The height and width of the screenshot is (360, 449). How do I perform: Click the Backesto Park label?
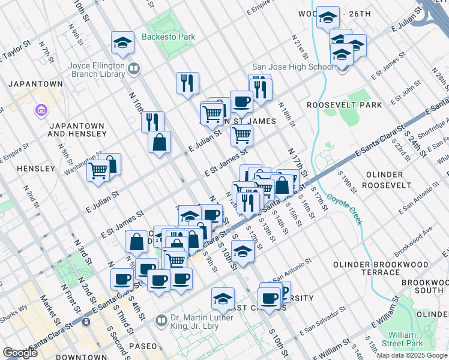(169, 37)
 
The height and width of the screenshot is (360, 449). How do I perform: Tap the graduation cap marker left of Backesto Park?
(122, 43)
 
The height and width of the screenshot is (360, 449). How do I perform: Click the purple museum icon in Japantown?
(41, 110)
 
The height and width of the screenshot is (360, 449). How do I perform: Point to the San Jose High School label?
(292, 67)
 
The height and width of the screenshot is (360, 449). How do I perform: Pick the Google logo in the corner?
(20, 353)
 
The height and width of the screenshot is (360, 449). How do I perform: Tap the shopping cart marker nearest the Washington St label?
(98, 170)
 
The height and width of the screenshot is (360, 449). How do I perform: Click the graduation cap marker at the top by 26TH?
(328, 19)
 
